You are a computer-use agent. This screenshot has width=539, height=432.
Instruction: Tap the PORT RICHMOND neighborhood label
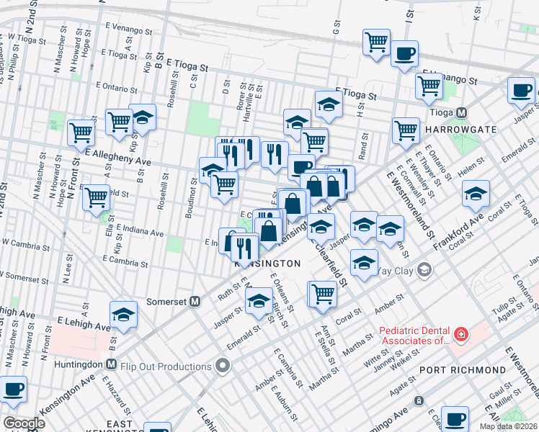463,369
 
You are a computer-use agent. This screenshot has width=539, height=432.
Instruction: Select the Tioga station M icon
461,113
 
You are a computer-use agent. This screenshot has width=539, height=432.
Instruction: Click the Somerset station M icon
195,302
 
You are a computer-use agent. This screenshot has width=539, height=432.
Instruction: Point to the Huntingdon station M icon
111,364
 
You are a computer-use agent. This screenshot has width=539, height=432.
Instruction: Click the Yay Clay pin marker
425,271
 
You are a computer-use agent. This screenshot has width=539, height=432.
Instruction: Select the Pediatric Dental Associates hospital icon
459,334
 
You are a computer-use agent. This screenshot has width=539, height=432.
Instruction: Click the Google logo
24,423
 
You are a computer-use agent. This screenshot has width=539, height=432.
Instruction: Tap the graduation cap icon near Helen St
476,193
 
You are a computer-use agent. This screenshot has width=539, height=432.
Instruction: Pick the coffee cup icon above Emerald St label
521,90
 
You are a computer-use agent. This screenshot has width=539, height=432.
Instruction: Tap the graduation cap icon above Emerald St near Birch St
259,300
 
